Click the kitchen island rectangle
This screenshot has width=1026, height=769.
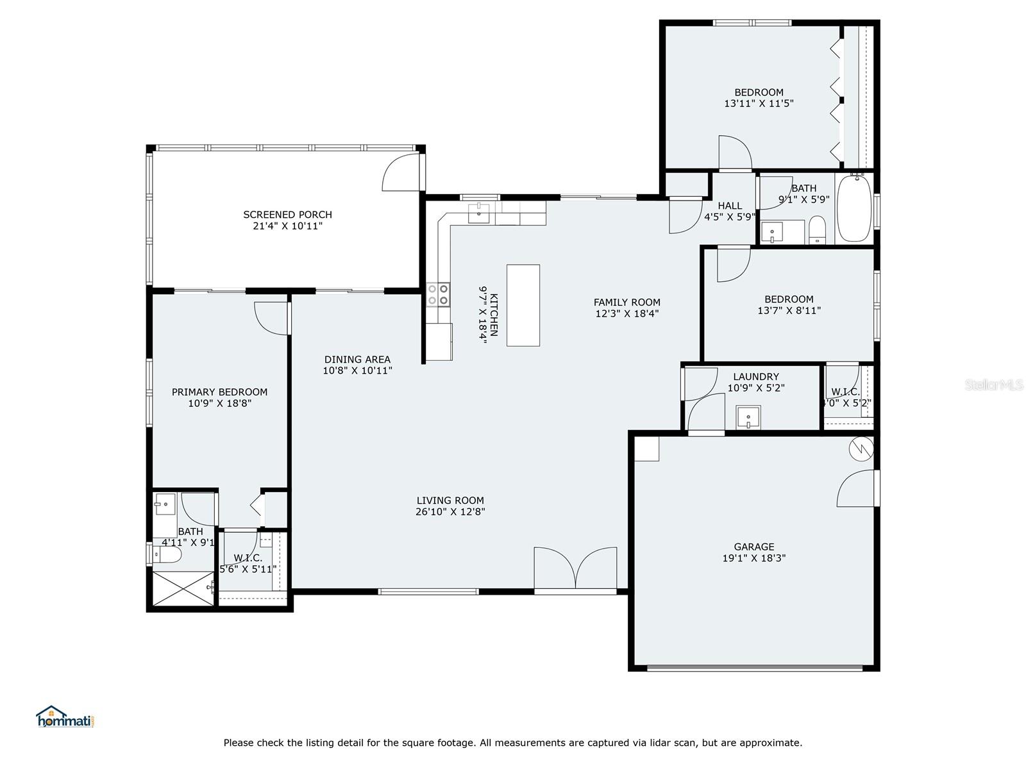(523, 305)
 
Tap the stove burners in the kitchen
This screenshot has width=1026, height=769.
(438, 294)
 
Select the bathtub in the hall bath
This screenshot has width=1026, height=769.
(854, 209)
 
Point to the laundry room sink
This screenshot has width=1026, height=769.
(748, 417)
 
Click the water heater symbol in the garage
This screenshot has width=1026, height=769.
(861, 448)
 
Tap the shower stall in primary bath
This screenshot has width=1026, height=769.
(183, 588)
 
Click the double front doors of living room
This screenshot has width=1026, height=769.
(575, 568)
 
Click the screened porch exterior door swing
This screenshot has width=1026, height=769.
(401, 172)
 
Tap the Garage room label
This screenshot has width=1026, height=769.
(754, 547)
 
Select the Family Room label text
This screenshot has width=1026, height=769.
(627, 302)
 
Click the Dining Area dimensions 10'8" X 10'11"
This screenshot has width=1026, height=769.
(357, 370)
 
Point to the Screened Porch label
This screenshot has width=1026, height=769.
(287, 215)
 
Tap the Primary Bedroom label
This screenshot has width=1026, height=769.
(219, 392)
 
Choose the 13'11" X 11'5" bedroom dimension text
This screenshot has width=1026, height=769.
(759, 103)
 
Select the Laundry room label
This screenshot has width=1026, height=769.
(756, 377)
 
